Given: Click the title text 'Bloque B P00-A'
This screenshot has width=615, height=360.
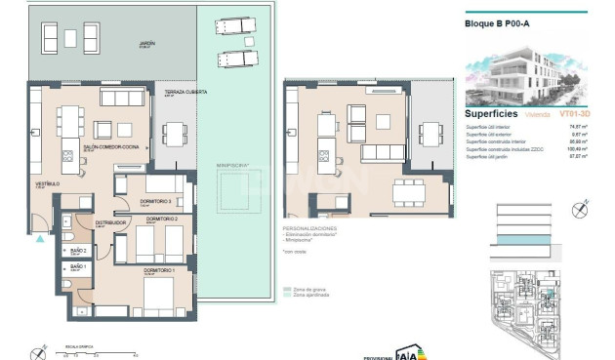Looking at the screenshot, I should [x=496, y=24].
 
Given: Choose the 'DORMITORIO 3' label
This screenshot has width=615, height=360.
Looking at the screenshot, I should [x=155, y=201].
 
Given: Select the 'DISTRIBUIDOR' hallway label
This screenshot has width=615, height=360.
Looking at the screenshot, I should [x=111, y=222].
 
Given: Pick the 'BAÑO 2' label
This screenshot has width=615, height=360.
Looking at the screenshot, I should [x=78, y=248].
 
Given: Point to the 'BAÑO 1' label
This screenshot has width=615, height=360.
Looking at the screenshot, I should [x=78, y=266].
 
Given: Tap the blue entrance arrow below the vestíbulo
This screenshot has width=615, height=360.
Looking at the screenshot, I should [x=37, y=237].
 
